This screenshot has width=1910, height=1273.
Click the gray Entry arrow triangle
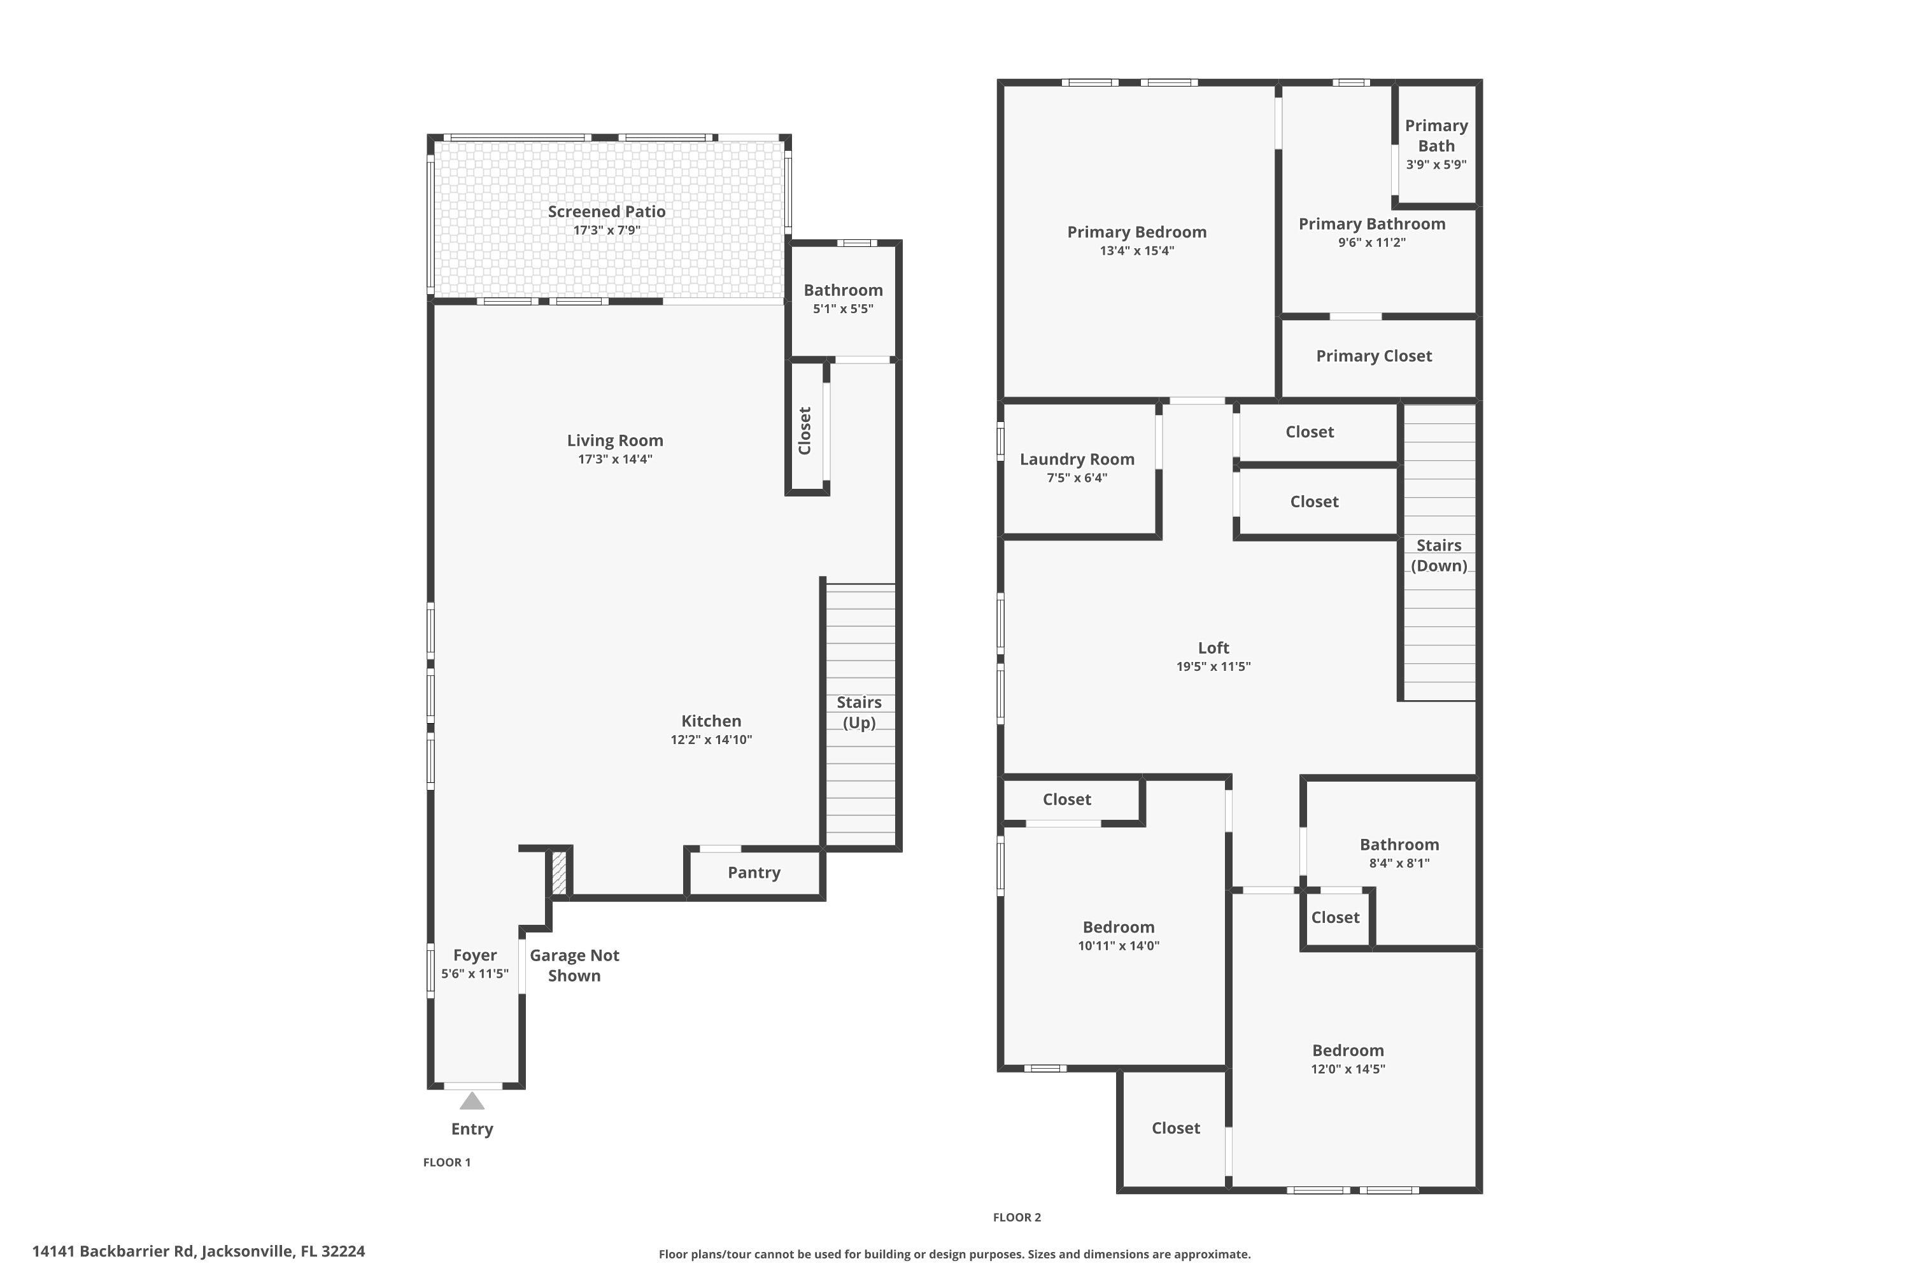(472, 1102)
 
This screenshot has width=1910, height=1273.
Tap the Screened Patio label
(607, 211)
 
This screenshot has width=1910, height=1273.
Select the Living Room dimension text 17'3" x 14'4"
(615, 460)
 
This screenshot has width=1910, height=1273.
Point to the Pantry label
(754, 873)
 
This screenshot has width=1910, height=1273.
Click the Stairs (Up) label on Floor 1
(859, 712)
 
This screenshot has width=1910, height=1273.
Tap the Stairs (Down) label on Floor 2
(1438, 555)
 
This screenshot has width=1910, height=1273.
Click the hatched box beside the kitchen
(559, 873)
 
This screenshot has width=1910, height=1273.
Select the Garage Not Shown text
(574, 966)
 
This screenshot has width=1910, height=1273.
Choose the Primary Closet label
(1373, 356)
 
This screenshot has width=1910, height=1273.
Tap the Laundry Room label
(1077, 459)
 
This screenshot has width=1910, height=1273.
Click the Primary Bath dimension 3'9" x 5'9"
(1436, 165)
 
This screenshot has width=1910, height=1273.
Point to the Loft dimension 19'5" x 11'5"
(1213, 666)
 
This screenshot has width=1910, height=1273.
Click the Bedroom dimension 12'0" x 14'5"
(1348, 1069)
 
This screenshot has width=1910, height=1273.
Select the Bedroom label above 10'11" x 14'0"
(1118, 927)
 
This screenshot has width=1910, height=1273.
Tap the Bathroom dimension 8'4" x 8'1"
(1399, 863)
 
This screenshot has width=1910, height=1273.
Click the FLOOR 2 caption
(1017, 1217)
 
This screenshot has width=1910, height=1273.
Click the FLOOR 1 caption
(447, 1162)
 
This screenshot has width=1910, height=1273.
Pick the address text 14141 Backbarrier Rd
(114, 1251)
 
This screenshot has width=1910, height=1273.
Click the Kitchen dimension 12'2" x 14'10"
(711, 740)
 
